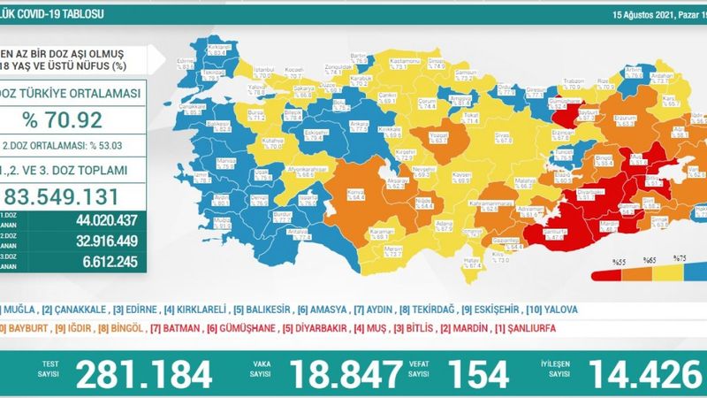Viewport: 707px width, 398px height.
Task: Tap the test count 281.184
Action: click(x=143, y=374)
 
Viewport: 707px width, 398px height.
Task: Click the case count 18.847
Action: click(x=339, y=374)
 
